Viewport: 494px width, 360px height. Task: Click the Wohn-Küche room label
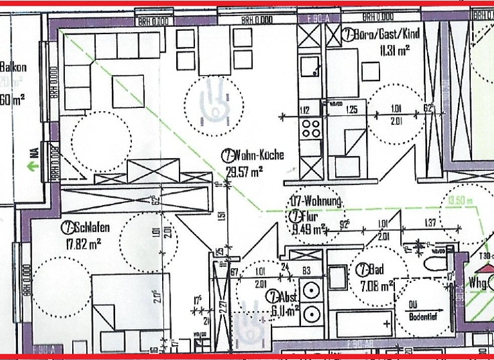click(258, 156)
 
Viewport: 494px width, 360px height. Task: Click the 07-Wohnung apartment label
click(316, 201)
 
